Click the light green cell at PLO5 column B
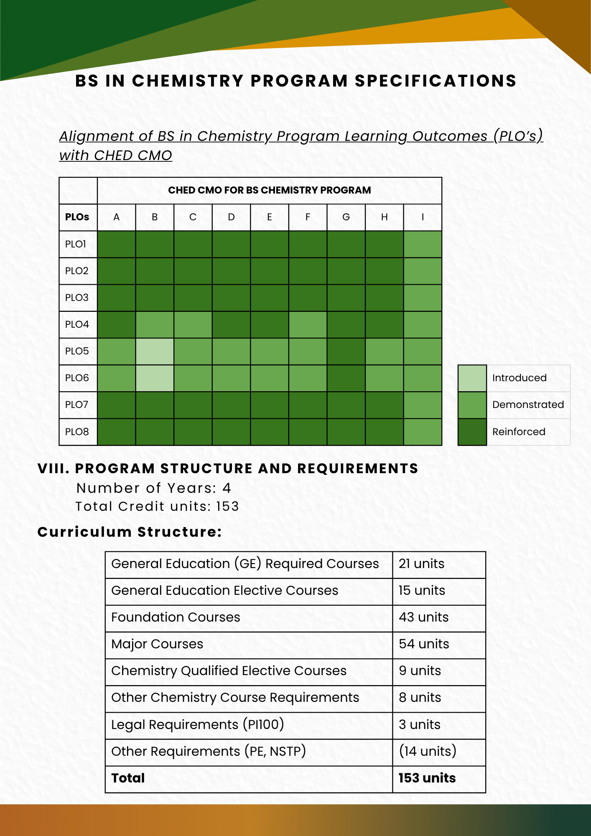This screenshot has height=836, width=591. pos(155,352)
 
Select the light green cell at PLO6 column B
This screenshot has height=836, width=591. pos(155,378)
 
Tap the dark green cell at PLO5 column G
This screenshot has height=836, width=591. pos(346,352)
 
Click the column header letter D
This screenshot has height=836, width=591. pos(231,217)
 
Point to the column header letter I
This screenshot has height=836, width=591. pos(423,217)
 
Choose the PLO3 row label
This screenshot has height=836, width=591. pos(77,298)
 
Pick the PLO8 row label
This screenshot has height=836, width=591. pos(77,432)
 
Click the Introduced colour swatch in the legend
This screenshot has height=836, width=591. pos(472,378)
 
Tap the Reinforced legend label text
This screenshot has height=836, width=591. pos(519,432)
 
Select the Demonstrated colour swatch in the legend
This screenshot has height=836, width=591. pos(472,405)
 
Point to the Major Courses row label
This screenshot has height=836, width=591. pos(157,644)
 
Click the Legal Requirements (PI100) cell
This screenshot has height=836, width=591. pos(197,725)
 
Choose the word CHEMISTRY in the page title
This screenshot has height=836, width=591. pos(188,81)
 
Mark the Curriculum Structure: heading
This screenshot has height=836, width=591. pos(130,532)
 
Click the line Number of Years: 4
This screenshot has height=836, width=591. pos(153,488)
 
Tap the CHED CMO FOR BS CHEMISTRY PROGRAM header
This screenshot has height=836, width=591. pos(269,191)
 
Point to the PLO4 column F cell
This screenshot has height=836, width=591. pos(308,325)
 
